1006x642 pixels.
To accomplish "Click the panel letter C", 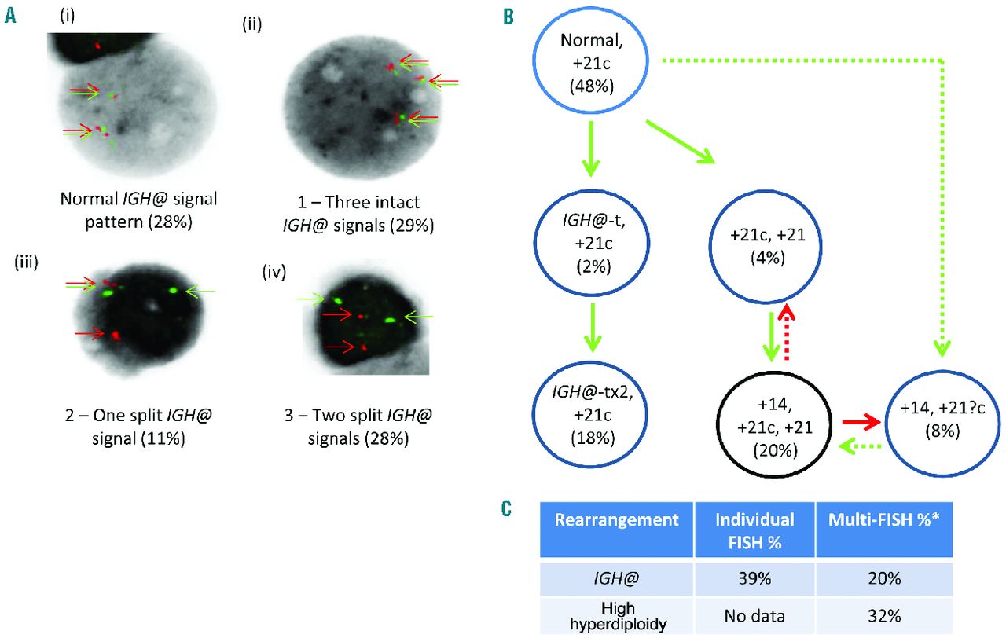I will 508,509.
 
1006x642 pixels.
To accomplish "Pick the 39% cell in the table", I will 754,578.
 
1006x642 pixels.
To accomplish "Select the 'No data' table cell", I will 754,616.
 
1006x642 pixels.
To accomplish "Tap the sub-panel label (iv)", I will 275,273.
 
